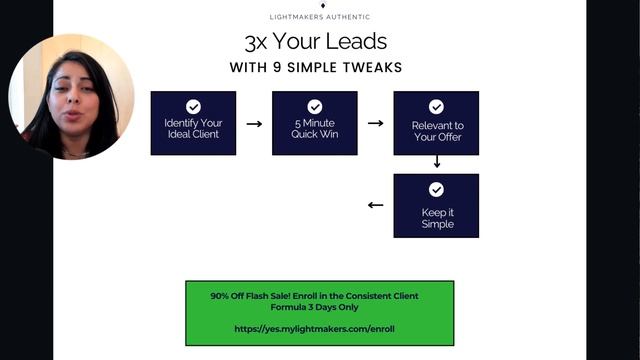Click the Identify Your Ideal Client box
click(193, 123)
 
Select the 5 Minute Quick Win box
click(314, 123)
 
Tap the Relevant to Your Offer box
click(436, 123)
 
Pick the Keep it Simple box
click(436, 205)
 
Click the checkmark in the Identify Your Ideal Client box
click(193, 106)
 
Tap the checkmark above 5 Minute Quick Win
click(314, 106)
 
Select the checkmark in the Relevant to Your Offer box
click(436, 106)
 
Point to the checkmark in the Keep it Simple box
click(436, 189)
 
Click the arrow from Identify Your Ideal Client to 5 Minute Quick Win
click(254, 124)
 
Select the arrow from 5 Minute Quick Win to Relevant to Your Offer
click(375, 124)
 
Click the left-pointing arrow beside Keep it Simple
click(375, 206)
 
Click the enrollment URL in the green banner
click(314, 328)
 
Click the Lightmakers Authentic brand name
click(320, 17)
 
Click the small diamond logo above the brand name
click(322, 5)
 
